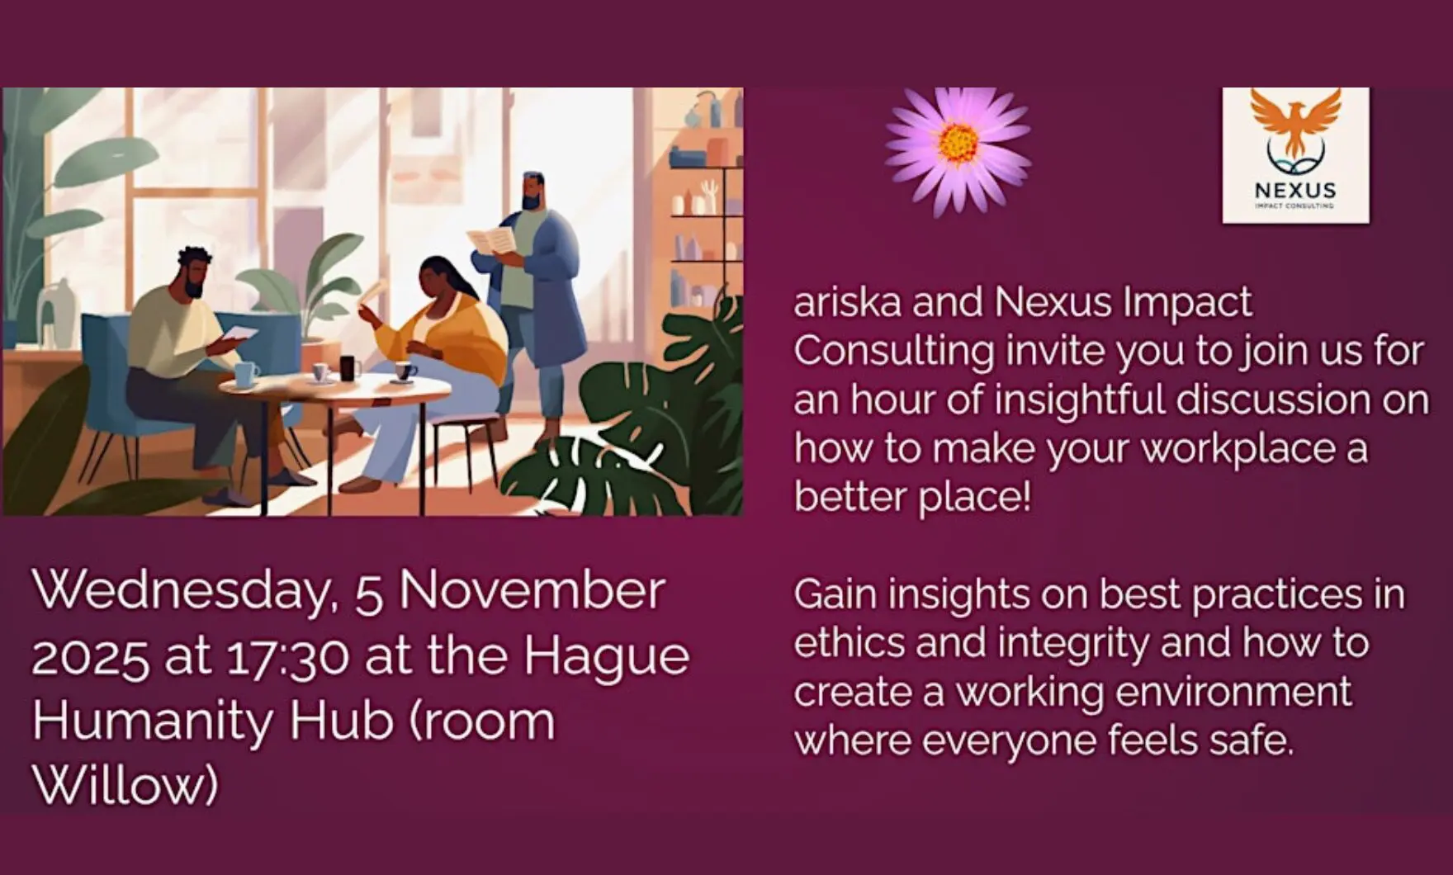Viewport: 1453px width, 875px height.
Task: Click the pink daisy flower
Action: pos(958,150)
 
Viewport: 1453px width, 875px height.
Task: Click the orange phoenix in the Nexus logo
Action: pos(1295,120)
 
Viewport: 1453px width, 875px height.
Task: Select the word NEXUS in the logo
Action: pos(1294,191)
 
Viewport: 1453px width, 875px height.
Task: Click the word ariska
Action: pos(846,303)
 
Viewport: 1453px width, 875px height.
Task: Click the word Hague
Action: pos(606,658)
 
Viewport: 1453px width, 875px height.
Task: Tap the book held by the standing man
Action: pos(493,242)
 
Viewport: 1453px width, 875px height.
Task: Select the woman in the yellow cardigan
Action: pos(446,330)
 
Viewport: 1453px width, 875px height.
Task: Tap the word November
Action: pos(532,592)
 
